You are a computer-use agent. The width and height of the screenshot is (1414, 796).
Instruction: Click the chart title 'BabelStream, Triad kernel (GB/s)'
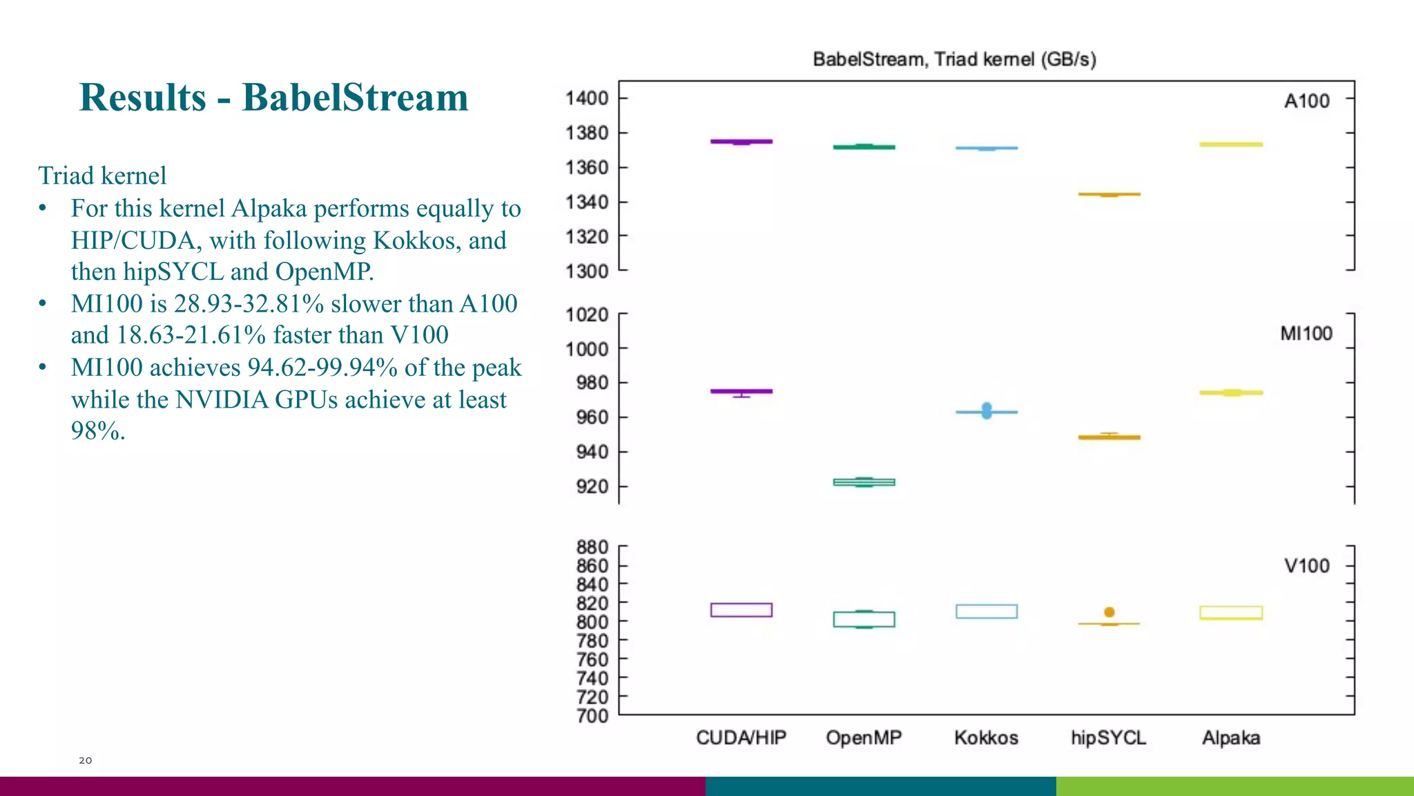click(954, 59)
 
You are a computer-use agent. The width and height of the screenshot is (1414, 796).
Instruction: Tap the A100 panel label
click(1306, 101)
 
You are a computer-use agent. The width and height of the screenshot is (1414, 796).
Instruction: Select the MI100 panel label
click(1306, 334)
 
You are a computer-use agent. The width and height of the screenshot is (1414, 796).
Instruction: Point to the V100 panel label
click(1306, 566)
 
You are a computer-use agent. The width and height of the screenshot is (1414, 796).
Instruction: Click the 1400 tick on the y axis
click(587, 98)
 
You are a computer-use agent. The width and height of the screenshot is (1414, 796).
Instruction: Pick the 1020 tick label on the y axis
click(587, 315)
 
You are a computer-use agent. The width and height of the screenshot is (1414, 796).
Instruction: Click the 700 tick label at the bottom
click(592, 716)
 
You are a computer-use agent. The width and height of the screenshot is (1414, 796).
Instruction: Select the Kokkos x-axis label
click(986, 738)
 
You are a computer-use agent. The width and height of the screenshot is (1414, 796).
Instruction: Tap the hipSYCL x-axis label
click(1108, 738)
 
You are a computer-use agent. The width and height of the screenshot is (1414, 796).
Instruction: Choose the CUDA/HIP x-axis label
click(741, 738)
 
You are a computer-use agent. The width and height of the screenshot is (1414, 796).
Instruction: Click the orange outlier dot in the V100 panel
click(1110, 612)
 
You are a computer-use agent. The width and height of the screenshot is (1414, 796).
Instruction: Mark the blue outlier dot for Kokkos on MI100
click(987, 410)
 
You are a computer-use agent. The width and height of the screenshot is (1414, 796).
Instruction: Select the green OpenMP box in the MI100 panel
click(864, 482)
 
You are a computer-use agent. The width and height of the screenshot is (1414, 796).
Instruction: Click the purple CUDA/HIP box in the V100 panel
click(742, 609)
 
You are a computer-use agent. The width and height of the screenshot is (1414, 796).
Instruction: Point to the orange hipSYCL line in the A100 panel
click(1109, 194)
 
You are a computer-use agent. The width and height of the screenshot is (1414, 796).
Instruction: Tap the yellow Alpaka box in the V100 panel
click(1231, 612)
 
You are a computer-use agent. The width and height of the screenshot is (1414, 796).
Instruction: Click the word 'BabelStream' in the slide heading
click(355, 97)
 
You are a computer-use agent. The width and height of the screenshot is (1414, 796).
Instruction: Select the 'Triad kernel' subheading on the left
click(102, 176)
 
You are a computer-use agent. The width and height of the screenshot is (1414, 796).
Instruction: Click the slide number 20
click(85, 760)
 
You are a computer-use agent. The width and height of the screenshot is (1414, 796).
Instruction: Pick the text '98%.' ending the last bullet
click(98, 431)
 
